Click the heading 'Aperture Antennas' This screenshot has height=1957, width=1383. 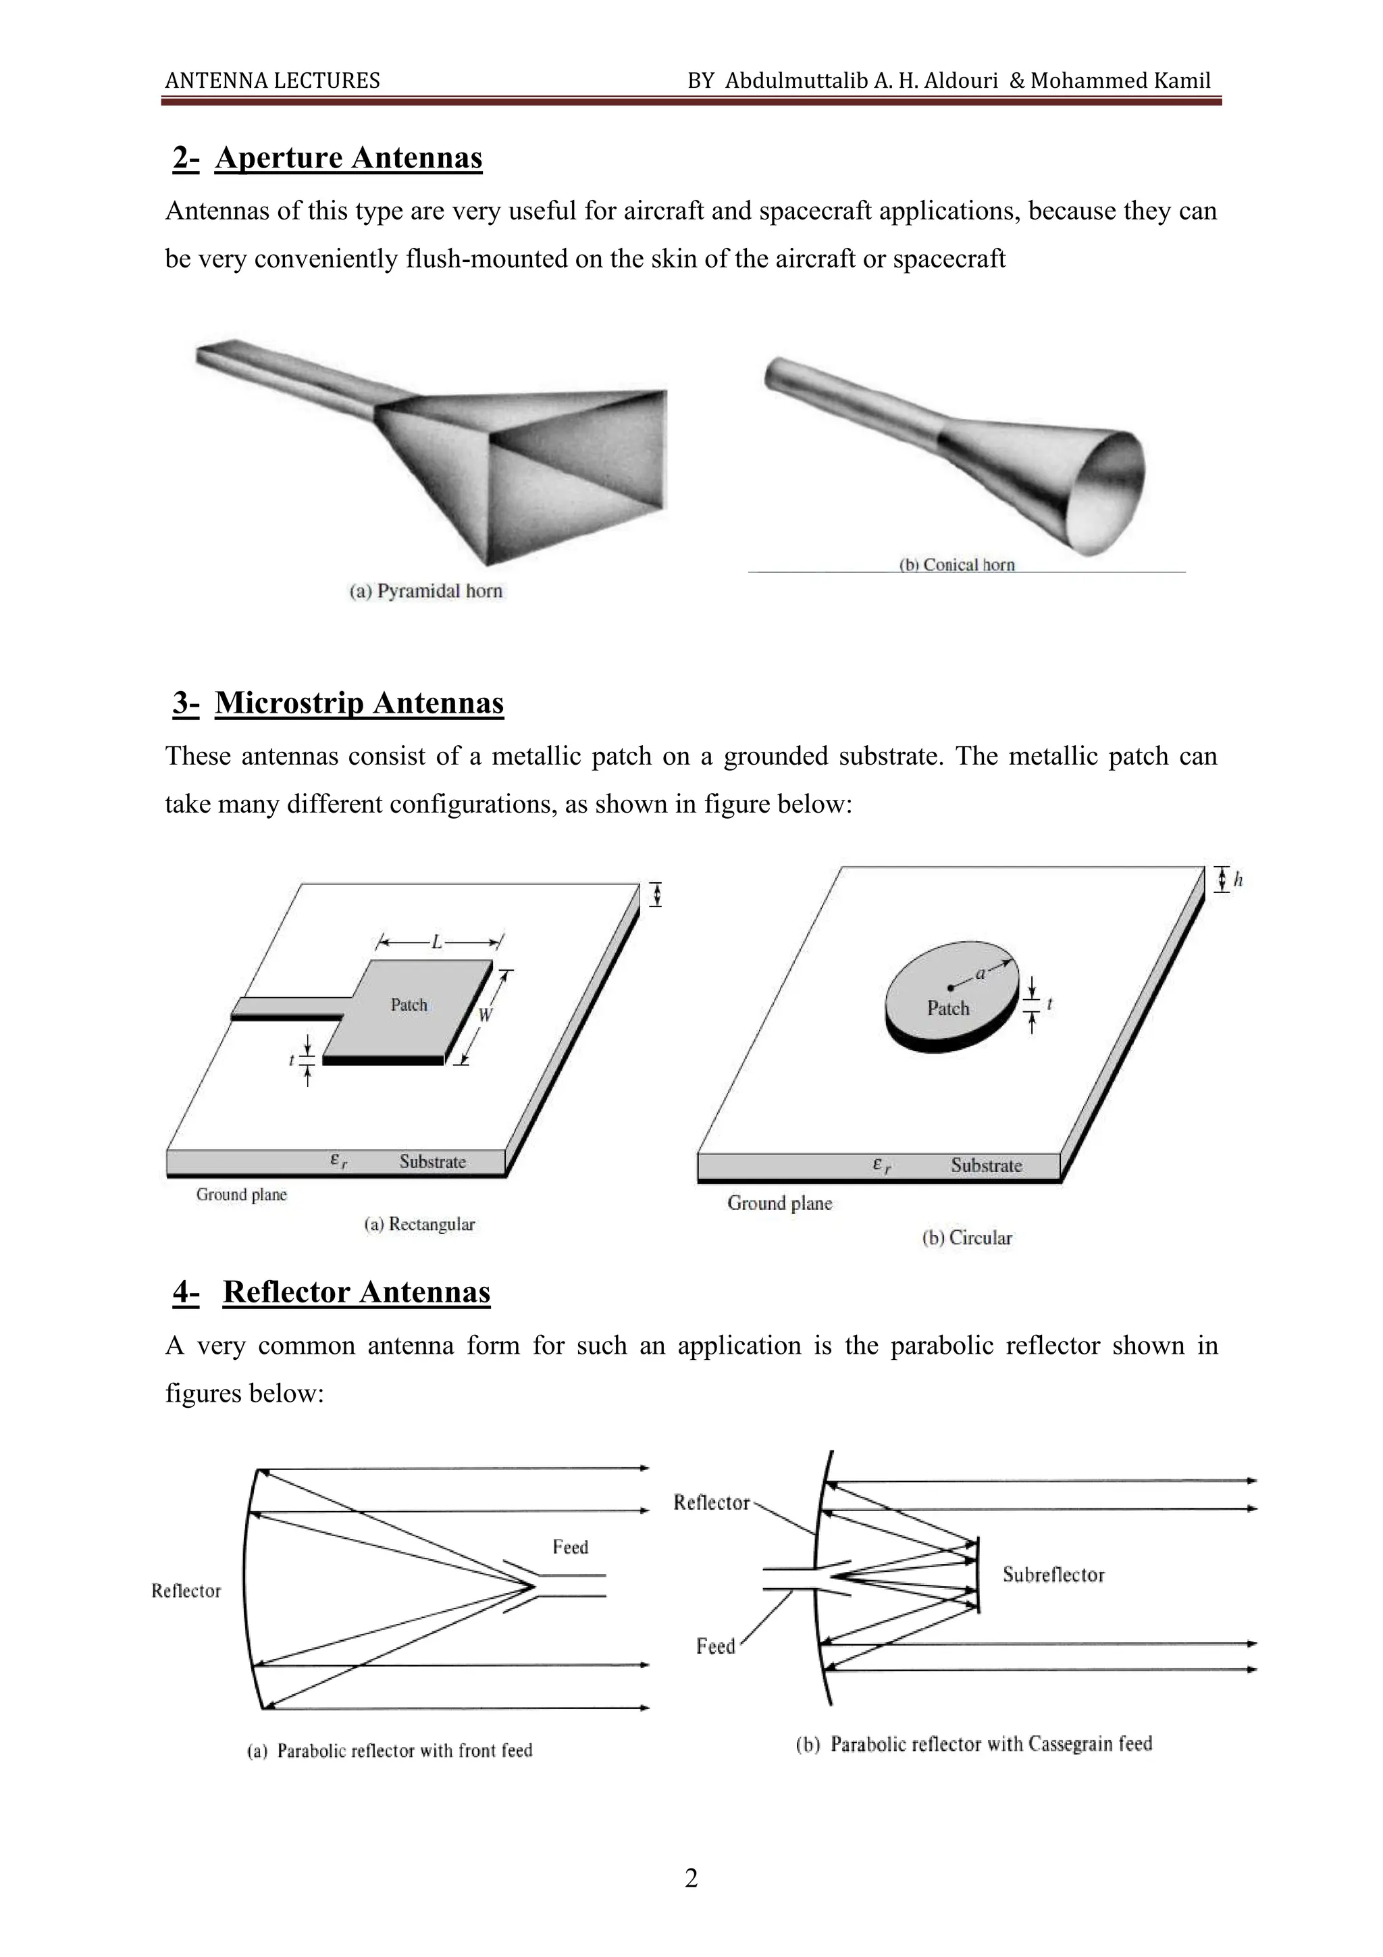(348, 159)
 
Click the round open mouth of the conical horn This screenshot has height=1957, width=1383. (1106, 490)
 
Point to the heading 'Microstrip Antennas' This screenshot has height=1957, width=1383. (359, 703)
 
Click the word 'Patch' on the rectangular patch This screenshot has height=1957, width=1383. (409, 1005)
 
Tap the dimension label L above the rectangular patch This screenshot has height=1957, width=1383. (437, 942)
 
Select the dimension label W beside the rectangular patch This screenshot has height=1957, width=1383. (485, 1014)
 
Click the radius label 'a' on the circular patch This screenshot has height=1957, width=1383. (980, 973)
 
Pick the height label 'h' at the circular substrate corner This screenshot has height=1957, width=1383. (1238, 880)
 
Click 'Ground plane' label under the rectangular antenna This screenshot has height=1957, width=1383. (241, 1194)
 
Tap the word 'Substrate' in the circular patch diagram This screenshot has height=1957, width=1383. (986, 1165)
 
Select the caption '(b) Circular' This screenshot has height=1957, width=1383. (966, 1238)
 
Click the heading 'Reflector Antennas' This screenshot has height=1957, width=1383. (356, 1292)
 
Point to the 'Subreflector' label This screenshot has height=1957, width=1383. (1053, 1574)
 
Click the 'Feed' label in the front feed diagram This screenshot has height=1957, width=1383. (570, 1546)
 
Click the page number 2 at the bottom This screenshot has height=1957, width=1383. (691, 1878)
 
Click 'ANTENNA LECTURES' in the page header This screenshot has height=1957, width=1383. (273, 81)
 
